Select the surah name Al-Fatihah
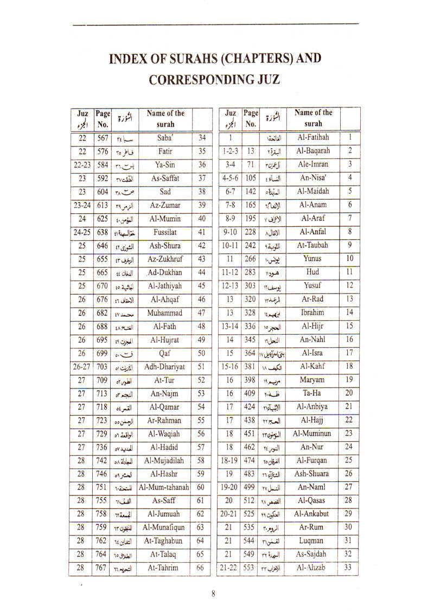(314, 138)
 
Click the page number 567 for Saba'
(103, 138)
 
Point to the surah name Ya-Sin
(165, 165)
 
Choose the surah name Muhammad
(165, 313)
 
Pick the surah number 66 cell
(202, 567)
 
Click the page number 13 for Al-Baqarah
(251, 151)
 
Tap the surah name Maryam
(314, 380)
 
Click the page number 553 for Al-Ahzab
(250, 568)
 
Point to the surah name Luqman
(314, 540)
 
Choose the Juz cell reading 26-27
(82, 367)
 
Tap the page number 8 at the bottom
(213, 594)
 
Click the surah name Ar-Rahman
(165, 421)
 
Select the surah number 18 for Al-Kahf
(349, 367)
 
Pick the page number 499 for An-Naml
(250, 487)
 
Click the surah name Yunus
(314, 259)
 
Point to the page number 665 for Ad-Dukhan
(103, 272)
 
